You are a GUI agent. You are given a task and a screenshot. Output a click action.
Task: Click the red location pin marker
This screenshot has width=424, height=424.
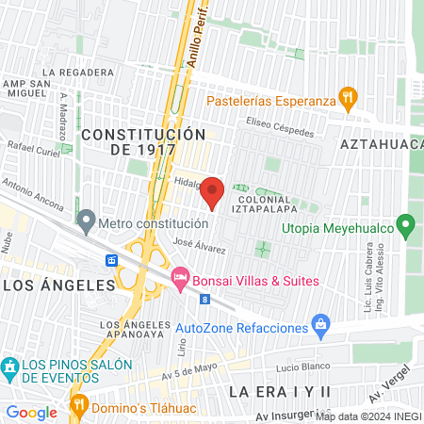213,192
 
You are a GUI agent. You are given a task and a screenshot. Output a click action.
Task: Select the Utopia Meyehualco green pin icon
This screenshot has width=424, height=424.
406,226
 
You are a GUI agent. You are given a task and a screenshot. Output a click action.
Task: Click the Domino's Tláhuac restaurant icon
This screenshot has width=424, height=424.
78,406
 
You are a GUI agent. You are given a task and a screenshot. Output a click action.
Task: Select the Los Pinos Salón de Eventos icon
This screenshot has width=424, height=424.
9,366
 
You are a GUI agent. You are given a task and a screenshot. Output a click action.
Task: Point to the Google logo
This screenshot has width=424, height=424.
32,412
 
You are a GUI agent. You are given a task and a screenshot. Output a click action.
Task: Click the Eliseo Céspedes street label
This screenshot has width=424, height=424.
279,127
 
